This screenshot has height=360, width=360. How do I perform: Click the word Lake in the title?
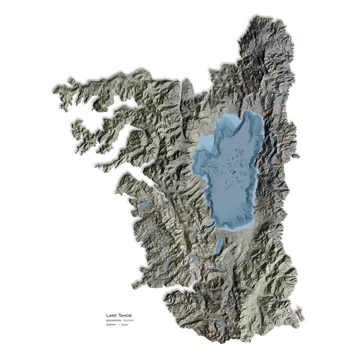[110, 315]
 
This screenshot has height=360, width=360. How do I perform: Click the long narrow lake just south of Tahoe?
[220, 244]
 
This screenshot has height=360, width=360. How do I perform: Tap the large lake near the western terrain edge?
[145, 204]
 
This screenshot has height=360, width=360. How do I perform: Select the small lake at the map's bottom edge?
[220, 324]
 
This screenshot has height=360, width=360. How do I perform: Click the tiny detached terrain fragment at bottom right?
[299, 314]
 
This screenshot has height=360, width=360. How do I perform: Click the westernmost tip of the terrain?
[54, 90]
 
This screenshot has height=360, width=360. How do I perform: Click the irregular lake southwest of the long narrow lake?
[193, 258]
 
